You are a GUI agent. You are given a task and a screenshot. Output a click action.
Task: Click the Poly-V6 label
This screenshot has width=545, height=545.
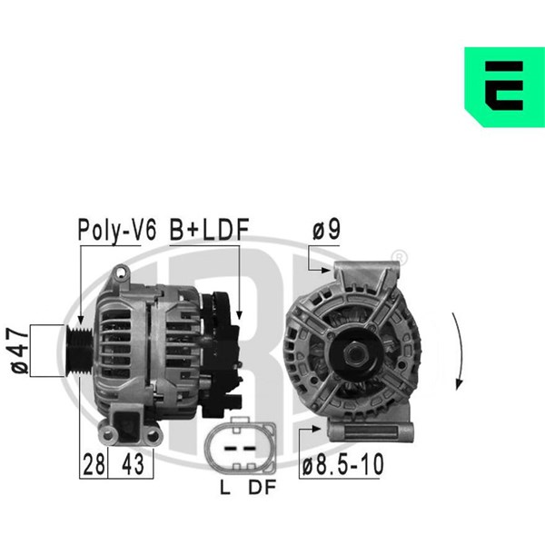pos(117,231)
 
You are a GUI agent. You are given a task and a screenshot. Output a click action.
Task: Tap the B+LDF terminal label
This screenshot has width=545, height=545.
pos(209,230)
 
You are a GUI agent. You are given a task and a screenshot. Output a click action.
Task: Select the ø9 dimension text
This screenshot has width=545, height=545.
pos(326,230)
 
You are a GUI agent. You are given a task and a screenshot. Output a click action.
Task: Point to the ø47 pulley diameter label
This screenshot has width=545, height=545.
pos(19,351)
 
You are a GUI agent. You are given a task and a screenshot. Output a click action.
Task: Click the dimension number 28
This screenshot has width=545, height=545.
pos(94,465)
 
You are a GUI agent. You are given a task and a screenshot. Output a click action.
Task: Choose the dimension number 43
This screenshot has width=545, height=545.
pos(133,465)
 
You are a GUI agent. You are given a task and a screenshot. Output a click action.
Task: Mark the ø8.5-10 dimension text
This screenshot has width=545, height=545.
pos(342,464)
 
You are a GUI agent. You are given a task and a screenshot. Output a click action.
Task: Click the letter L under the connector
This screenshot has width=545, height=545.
pos(225,487)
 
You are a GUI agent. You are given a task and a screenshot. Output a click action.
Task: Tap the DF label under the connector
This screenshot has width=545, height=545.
pos(263,487)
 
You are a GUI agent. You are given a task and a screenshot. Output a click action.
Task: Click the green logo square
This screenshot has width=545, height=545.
pos(505,87)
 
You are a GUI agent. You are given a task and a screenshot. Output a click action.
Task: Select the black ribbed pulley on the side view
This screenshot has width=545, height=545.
pos(80,351)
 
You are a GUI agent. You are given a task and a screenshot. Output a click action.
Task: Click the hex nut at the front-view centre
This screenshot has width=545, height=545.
pos(355,354)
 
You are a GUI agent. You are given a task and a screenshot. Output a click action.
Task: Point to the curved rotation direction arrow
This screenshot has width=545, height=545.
pos(460,351)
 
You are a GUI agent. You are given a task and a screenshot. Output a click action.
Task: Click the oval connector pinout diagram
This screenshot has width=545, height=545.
pos(241,446)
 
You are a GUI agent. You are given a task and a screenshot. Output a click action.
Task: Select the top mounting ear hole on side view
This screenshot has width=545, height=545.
pos(122,272)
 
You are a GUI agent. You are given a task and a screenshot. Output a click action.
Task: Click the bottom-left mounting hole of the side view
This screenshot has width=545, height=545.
pos(108,434)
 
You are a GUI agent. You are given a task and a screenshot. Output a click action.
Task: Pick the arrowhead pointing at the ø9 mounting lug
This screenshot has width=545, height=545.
pos(326,270)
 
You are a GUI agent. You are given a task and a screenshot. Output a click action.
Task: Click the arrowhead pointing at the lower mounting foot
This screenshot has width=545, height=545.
pos(317,429)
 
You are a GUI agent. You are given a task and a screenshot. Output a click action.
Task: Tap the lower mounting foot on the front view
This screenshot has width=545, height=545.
pos(371,431)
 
